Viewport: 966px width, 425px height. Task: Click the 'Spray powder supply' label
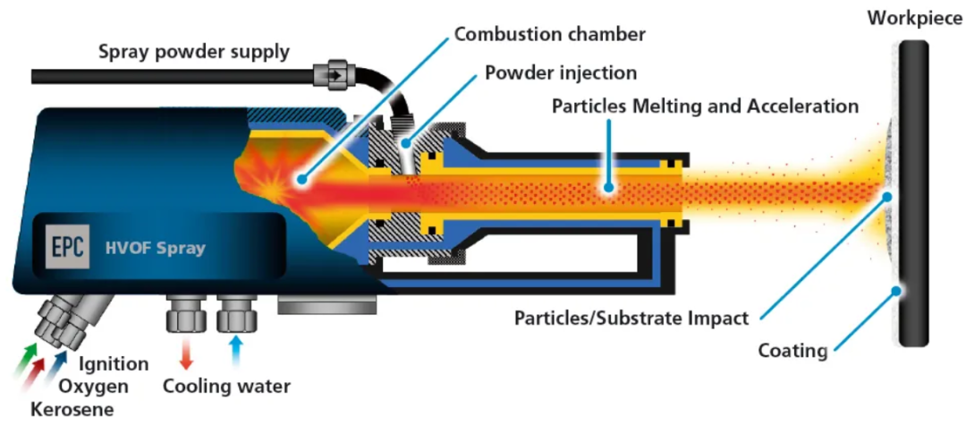(194, 52)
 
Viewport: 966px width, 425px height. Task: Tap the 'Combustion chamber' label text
(550, 33)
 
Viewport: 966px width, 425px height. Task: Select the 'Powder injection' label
(561, 72)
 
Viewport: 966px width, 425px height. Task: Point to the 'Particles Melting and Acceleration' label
(705, 106)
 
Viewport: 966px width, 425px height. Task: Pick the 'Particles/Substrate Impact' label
(631, 319)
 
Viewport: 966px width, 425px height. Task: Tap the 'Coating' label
(792, 351)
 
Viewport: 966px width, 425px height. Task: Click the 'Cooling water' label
(226, 387)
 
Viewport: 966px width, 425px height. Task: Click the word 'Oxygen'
(94, 387)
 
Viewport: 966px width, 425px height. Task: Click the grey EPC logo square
(68, 246)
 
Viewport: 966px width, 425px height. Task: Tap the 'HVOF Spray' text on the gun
(156, 249)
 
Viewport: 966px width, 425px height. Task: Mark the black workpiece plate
(913, 193)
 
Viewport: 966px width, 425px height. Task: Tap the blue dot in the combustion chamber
(301, 180)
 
